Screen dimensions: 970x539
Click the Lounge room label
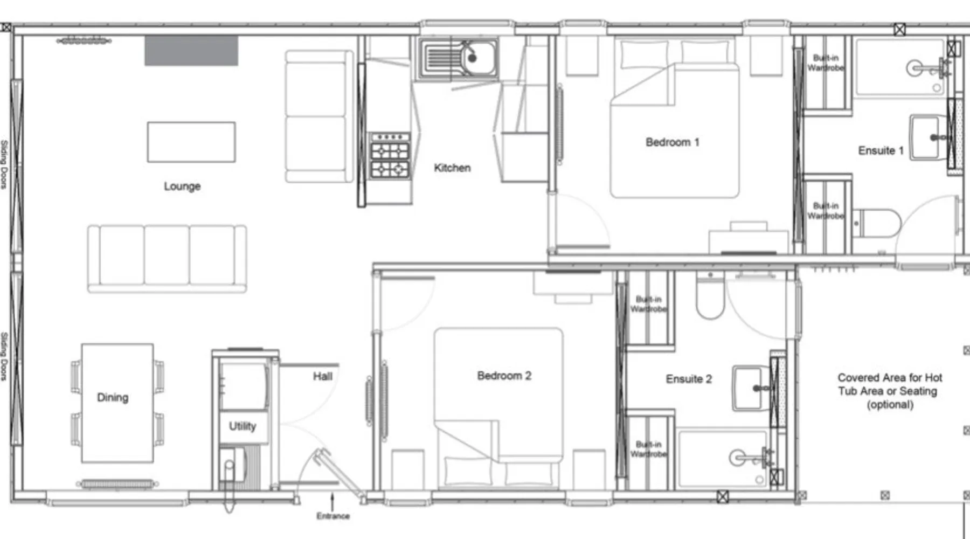click(182, 186)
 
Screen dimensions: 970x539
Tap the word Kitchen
click(452, 168)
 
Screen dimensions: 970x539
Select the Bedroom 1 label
click(673, 142)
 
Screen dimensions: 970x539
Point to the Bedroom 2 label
click(504, 376)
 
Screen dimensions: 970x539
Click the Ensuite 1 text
click(881, 150)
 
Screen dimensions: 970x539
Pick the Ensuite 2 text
click(689, 379)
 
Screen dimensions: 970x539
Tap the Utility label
click(242, 426)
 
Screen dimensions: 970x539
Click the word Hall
click(323, 376)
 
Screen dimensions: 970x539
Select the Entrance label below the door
click(333, 516)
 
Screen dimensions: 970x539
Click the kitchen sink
click(459, 58)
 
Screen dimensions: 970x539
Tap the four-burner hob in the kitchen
click(390, 156)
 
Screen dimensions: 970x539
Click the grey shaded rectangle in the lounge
click(191, 51)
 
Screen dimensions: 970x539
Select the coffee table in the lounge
click(191, 142)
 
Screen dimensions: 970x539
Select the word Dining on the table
click(113, 398)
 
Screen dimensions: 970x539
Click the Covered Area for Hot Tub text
click(890, 384)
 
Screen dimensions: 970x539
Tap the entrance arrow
click(332, 501)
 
